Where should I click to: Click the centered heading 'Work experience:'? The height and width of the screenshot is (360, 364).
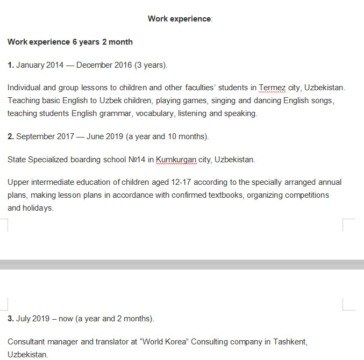click(x=180, y=19)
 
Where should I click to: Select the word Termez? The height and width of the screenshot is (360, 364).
click(x=272, y=88)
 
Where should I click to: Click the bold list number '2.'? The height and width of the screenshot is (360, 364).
click(x=11, y=136)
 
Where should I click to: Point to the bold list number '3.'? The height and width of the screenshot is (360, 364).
click(x=11, y=319)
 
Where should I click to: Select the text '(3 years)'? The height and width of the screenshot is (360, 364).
click(x=151, y=65)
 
